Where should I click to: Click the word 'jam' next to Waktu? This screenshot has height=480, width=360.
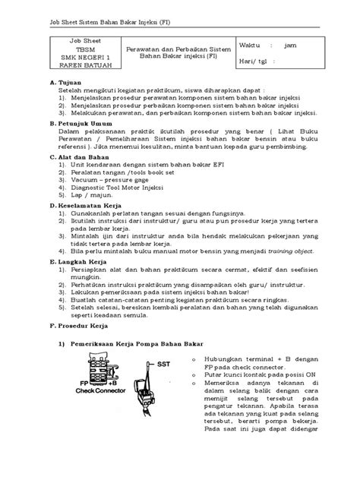(x=305, y=45)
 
